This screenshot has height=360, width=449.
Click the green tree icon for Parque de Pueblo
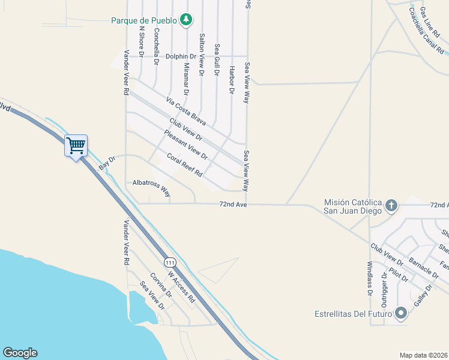pyautogui.click(x=186, y=20)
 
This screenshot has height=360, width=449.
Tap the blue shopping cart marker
pyautogui.click(x=76, y=146)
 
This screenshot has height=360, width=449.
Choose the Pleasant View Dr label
pyautogui.click(x=185, y=145)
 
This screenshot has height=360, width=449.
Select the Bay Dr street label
pyautogui.click(x=106, y=161)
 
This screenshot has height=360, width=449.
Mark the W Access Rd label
pyautogui.click(x=182, y=287)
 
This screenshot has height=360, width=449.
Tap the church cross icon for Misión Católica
pyautogui.click(x=391, y=206)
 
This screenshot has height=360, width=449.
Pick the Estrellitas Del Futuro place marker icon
pyautogui.click(x=401, y=313)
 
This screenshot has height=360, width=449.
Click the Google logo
pyautogui.click(x=20, y=353)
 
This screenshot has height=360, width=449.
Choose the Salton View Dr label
pyautogui.click(x=202, y=54)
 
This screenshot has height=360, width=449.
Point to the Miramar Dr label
pyautogui.click(x=187, y=79)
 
